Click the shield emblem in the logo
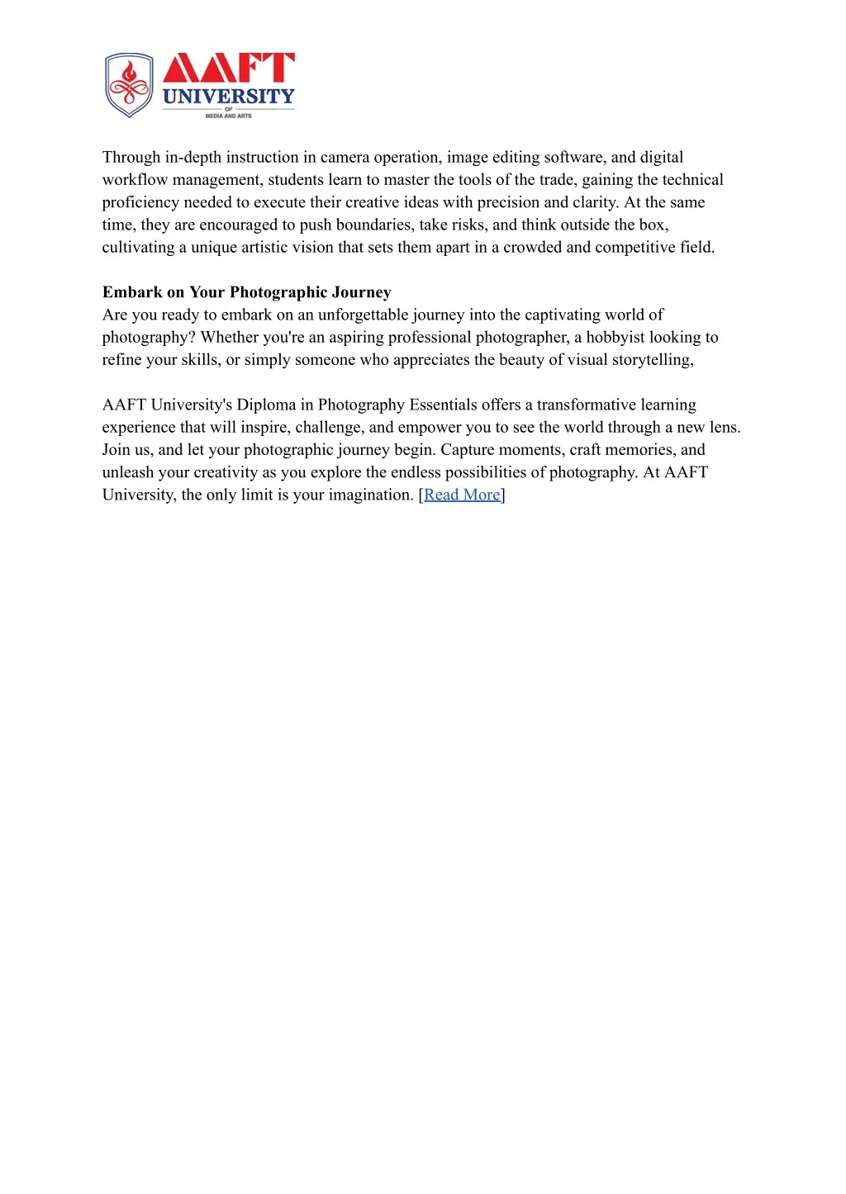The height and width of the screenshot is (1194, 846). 129,85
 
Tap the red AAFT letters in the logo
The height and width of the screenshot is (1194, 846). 228,68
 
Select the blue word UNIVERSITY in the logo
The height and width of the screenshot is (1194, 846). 228,97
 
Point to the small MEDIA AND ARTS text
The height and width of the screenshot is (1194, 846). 228,116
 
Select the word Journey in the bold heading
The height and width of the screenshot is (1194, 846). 361,292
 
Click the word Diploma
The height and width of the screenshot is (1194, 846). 266,405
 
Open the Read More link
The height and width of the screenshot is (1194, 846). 462,495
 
